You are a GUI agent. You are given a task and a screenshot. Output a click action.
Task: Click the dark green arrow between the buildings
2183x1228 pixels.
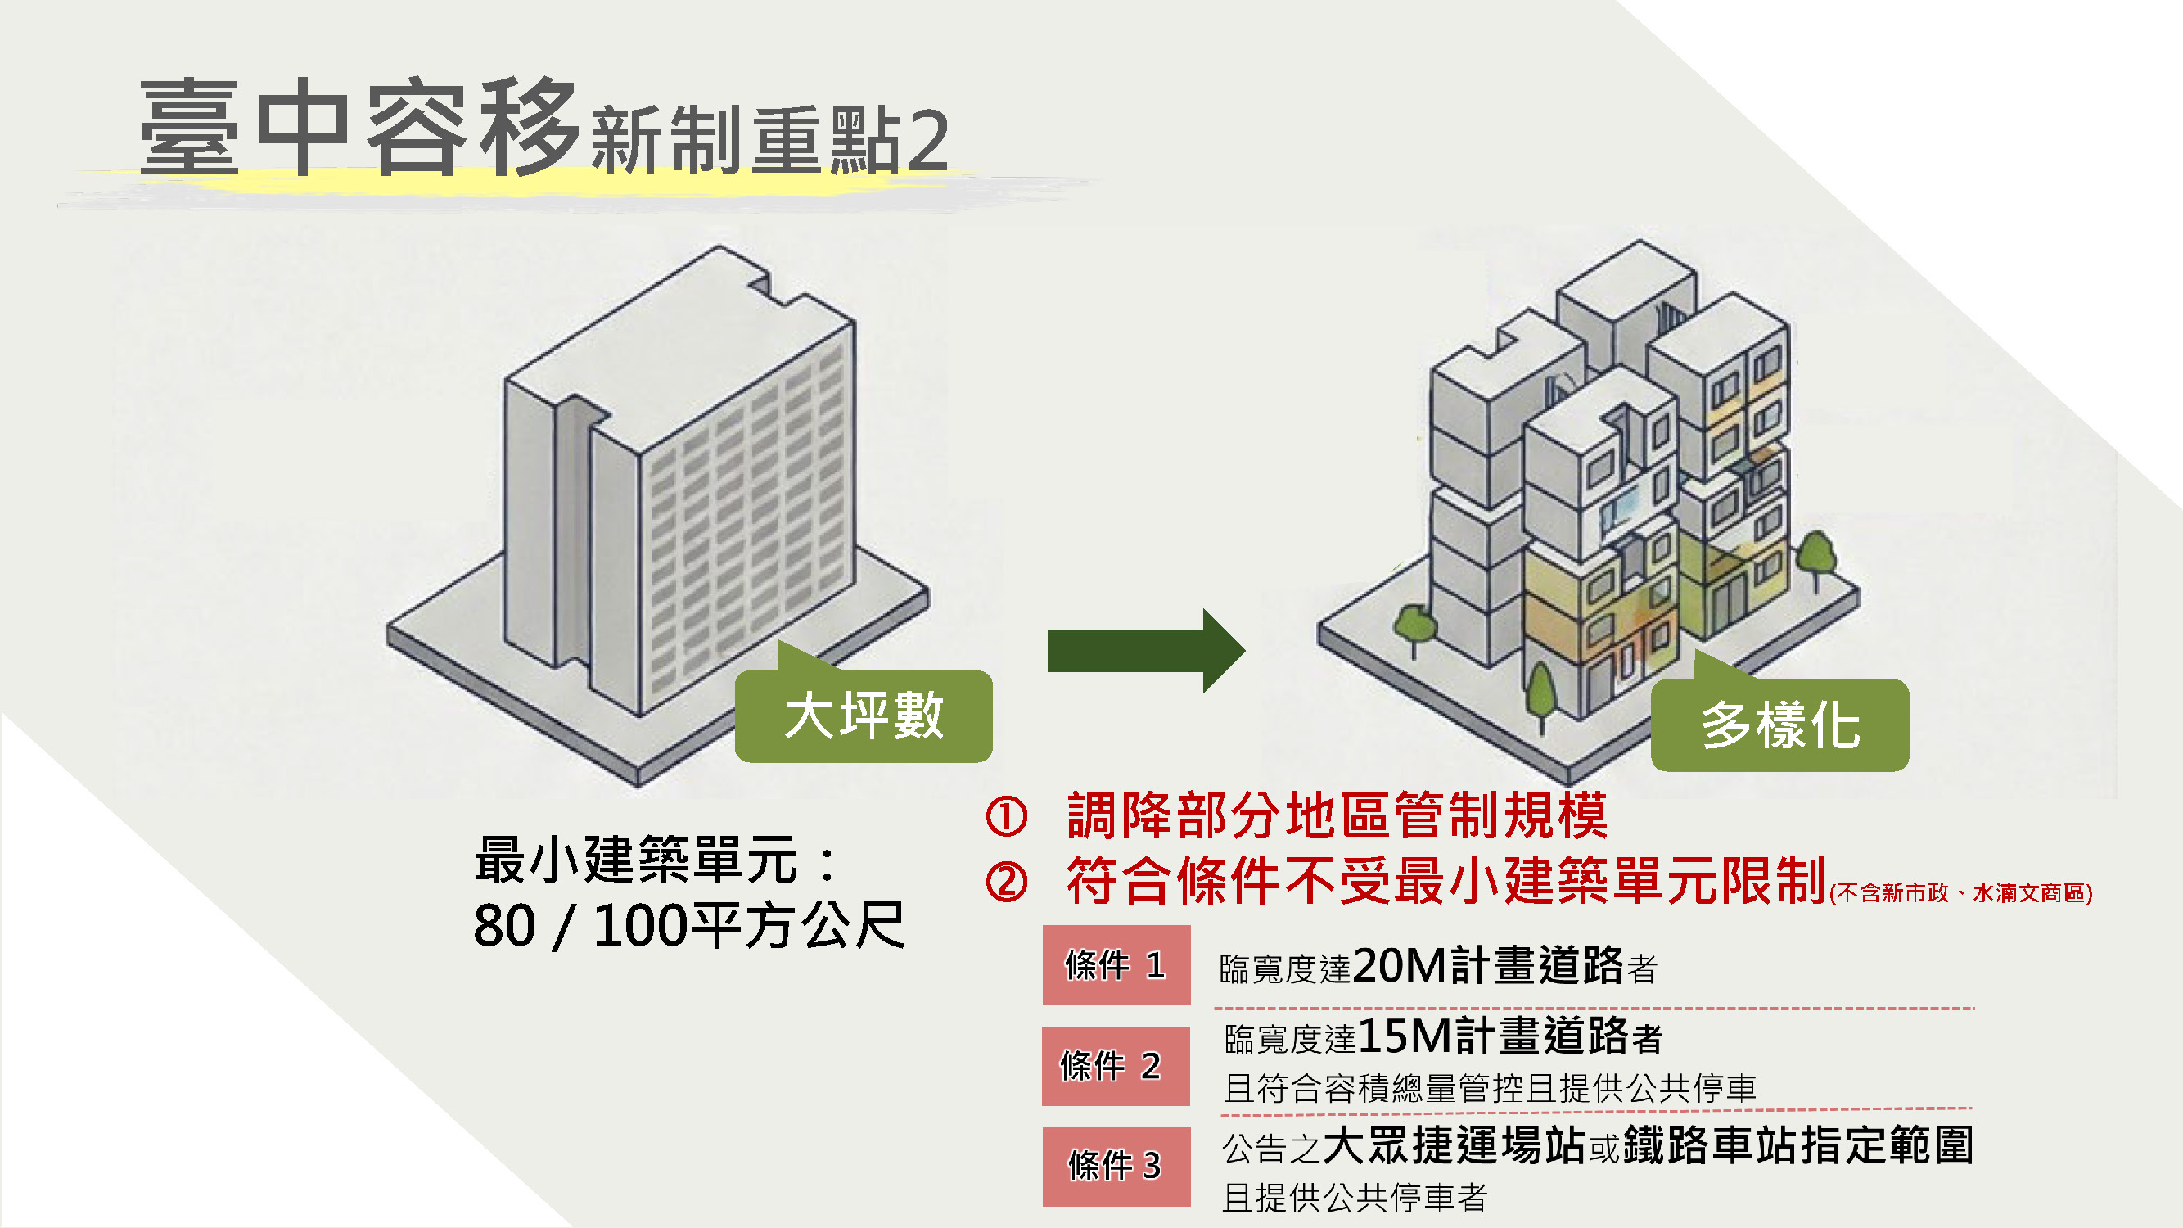tap(1146, 651)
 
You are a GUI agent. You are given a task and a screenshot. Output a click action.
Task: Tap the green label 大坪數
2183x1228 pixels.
tap(864, 716)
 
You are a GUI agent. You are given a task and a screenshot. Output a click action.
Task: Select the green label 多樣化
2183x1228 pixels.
tap(1779, 725)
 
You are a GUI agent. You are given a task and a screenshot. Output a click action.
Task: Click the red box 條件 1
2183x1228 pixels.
tap(1116, 965)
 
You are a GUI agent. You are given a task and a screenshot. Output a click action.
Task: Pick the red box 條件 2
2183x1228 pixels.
tap(1116, 1066)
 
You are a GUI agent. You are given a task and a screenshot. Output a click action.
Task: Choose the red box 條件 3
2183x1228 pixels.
tap(1116, 1166)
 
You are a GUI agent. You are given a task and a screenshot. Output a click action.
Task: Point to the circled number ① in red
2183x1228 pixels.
tap(1007, 816)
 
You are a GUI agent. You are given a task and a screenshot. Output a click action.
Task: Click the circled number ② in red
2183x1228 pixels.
tap(1007, 883)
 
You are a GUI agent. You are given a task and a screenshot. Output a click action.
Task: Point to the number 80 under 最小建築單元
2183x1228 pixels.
tap(505, 925)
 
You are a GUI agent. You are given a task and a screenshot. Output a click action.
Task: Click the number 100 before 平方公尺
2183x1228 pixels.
tap(642, 925)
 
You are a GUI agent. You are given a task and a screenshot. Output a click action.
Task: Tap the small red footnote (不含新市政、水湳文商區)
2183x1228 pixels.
tap(1961, 892)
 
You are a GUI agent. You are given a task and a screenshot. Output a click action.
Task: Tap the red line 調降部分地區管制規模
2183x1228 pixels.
tap(1337, 815)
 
